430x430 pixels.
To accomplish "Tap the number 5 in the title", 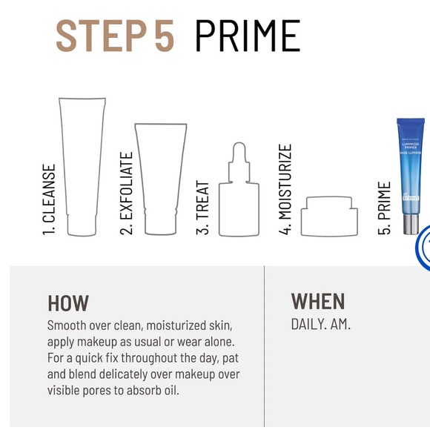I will [x=165, y=35].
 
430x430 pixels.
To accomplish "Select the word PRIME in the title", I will [x=248, y=35].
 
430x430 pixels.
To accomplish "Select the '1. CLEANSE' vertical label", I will [x=50, y=199].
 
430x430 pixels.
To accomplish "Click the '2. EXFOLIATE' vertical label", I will [x=127, y=193].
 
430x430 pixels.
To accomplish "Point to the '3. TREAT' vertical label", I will [x=203, y=208].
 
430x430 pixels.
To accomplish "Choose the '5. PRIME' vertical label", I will [x=384, y=208].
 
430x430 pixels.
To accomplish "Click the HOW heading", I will [x=67, y=302].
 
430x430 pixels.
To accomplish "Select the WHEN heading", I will [x=317, y=300].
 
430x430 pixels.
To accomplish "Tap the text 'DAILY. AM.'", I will [x=320, y=324].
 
